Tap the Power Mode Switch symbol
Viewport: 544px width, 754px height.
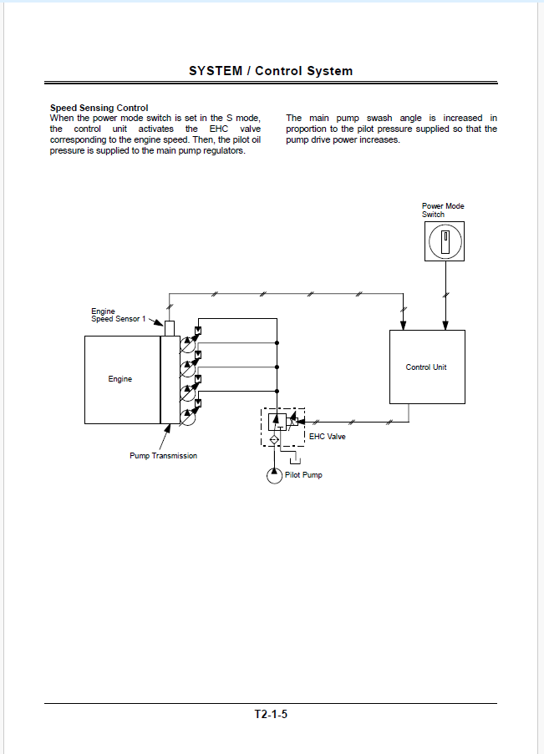coord(445,241)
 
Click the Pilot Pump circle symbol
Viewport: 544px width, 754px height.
coord(274,476)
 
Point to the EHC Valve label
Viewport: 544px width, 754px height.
coord(328,436)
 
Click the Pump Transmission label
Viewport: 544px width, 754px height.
coord(163,455)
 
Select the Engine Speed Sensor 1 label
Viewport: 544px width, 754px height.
coord(119,315)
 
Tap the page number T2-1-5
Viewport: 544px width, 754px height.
coord(271,714)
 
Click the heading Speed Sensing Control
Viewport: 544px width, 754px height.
coord(99,108)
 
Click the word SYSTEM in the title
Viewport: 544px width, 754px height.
coord(216,71)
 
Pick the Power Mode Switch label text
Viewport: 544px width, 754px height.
coord(443,210)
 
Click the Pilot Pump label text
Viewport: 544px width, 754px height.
coord(303,474)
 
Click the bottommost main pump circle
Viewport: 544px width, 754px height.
coord(188,417)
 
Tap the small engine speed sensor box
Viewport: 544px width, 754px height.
coord(170,328)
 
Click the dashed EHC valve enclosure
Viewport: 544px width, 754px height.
coord(262,428)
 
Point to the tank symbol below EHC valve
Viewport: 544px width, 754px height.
coord(296,461)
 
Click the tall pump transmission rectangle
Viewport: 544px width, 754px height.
coord(170,380)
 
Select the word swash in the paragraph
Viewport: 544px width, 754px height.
coord(379,118)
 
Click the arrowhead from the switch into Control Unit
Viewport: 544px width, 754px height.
coord(445,326)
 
